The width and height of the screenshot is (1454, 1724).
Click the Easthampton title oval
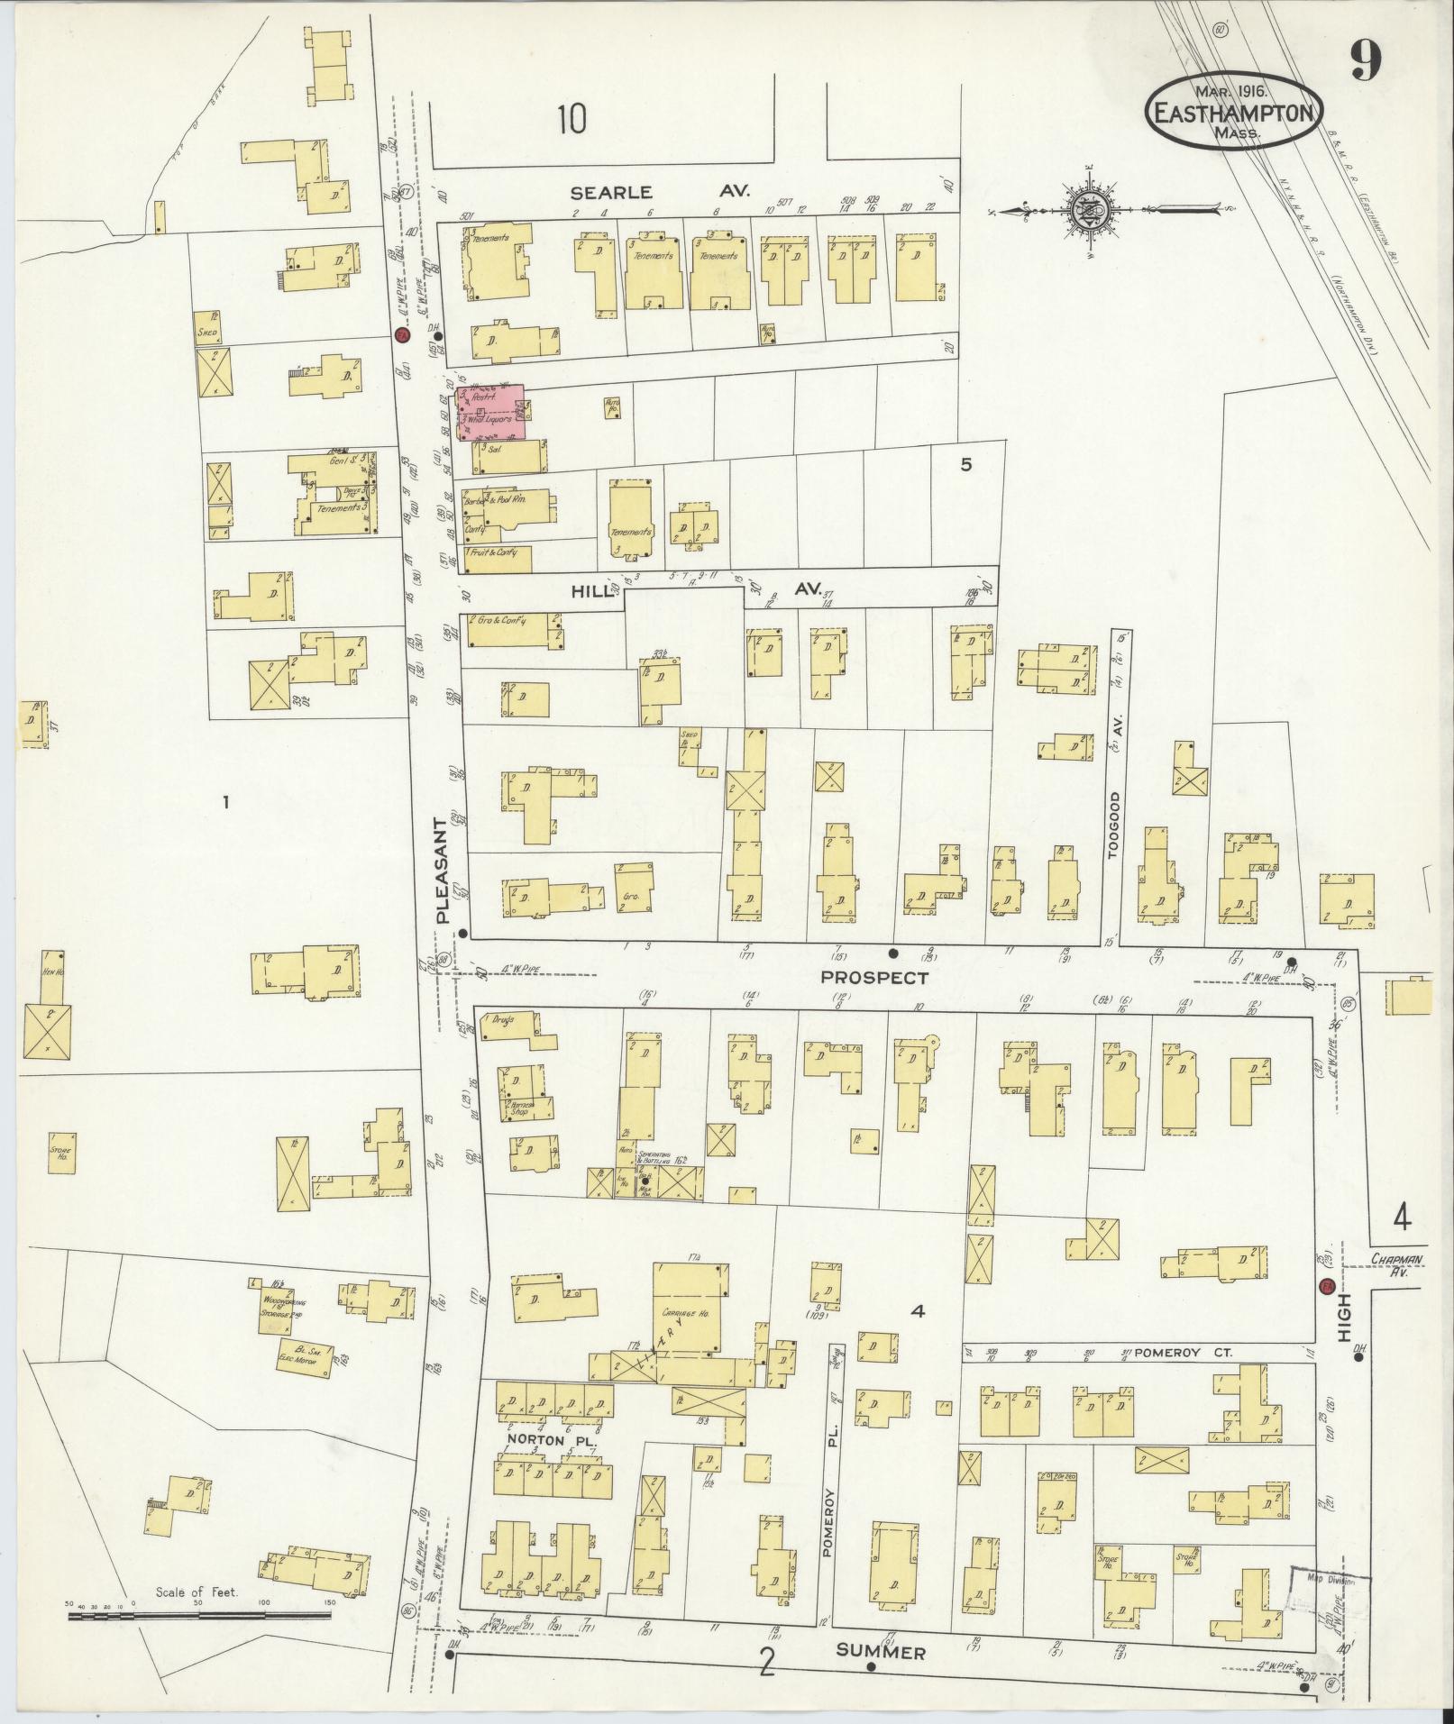coord(1235,112)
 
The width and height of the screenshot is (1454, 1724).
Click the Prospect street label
coord(873,977)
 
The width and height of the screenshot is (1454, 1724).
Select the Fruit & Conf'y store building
coord(497,559)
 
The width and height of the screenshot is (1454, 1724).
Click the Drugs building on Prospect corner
coord(505,1026)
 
